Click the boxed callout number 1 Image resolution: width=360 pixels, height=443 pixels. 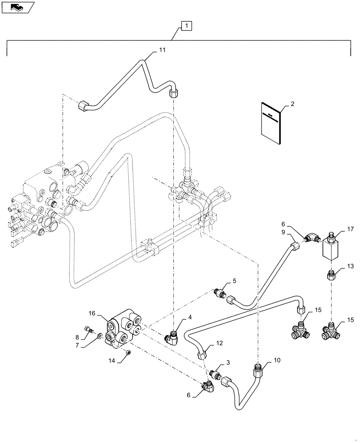[187, 27]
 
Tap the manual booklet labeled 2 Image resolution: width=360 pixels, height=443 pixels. [270, 124]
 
